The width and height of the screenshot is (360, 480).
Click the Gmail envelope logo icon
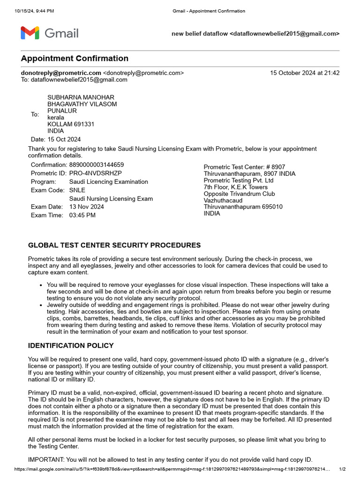(x=30, y=33)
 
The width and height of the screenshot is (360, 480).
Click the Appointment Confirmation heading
(x=75, y=59)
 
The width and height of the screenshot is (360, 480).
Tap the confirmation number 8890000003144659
(x=97, y=165)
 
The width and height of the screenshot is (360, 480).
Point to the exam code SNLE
(x=77, y=190)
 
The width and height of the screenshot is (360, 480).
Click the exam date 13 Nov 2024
(x=87, y=207)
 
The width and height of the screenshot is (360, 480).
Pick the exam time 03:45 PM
(x=82, y=215)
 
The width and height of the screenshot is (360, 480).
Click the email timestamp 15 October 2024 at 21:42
(x=305, y=73)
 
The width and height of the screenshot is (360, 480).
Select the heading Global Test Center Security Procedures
(x=114, y=245)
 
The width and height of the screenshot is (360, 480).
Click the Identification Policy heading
(x=71, y=345)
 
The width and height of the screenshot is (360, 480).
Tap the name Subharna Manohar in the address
(x=81, y=97)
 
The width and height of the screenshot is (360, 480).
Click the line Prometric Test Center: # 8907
(x=244, y=167)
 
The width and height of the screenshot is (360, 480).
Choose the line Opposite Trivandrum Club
(x=239, y=194)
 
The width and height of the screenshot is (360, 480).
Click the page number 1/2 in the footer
(x=342, y=469)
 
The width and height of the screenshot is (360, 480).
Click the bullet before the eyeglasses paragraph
(x=42, y=285)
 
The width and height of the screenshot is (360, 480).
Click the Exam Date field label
(x=46, y=207)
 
